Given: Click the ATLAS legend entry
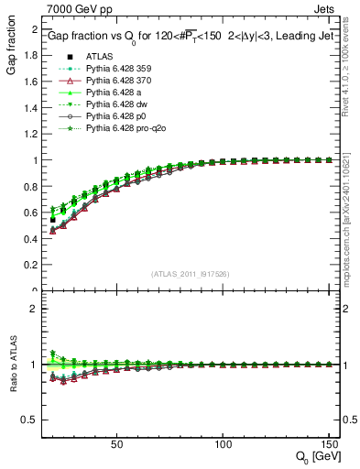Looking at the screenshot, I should (98, 58).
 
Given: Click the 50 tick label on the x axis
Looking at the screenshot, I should (117, 444).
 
